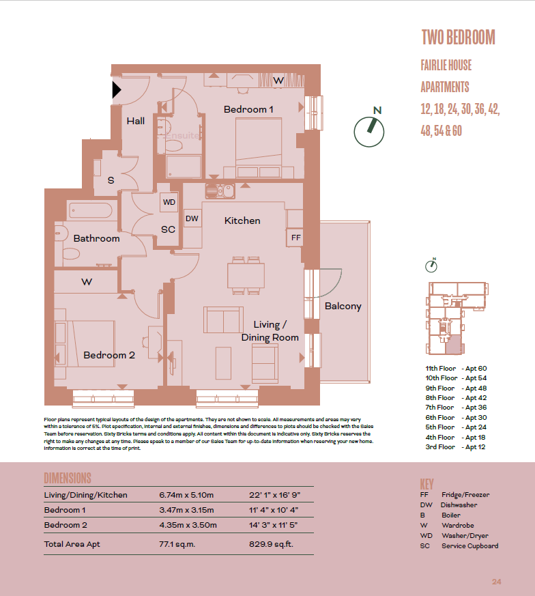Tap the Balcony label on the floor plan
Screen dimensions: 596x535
(x=343, y=306)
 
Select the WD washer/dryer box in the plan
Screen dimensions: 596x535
(x=169, y=203)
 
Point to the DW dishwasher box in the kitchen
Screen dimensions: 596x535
(x=192, y=218)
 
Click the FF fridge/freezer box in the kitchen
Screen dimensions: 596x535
(x=295, y=237)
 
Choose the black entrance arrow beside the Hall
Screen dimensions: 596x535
(x=117, y=89)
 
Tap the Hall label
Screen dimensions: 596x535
(x=135, y=121)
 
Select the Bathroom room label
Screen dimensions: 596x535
(x=96, y=238)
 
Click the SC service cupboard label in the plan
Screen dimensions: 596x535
(x=168, y=229)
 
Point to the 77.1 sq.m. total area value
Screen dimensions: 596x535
(x=177, y=545)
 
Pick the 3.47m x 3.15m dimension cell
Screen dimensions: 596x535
(x=186, y=510)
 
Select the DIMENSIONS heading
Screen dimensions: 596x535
(x=67, y=478)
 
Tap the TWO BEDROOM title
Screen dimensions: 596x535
(x=457, y=37)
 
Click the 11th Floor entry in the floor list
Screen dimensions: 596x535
(x=441, y=368)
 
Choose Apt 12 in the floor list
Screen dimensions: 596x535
(x=476, y=447)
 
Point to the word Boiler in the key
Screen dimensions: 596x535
(x=450, y=515)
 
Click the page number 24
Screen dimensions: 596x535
(x=496, y=582)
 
